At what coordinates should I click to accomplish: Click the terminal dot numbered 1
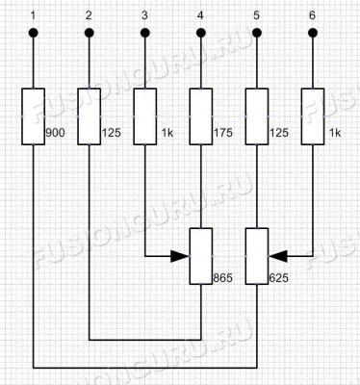coord(34,33)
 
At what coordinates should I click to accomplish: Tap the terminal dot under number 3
coord(145,33)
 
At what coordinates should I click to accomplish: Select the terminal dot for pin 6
coord(313,33)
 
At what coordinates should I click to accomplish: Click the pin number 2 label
coord(89,15)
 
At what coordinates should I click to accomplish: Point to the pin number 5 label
coord(256,15)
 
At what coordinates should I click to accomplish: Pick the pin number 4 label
coord(200,15)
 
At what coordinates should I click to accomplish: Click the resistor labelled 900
coord(34,116)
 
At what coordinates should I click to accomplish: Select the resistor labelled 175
coord(201,116)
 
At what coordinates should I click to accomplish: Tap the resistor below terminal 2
coord(90,116)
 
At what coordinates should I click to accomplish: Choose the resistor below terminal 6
coord(313,116)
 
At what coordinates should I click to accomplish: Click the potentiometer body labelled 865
coord(201,256)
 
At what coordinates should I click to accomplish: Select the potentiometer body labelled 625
coord(257,256)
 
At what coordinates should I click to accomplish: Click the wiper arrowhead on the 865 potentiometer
coord(180,256)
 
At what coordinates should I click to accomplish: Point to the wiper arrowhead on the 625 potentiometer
coord(277,256)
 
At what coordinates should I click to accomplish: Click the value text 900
coord(55,133)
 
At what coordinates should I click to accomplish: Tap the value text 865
coord(223,278)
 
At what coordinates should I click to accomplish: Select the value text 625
coord(278,278)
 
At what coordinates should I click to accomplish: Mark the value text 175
coord(223,133)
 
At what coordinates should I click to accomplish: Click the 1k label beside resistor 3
coord(167,133)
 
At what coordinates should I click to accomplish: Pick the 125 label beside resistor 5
coord(279,133)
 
